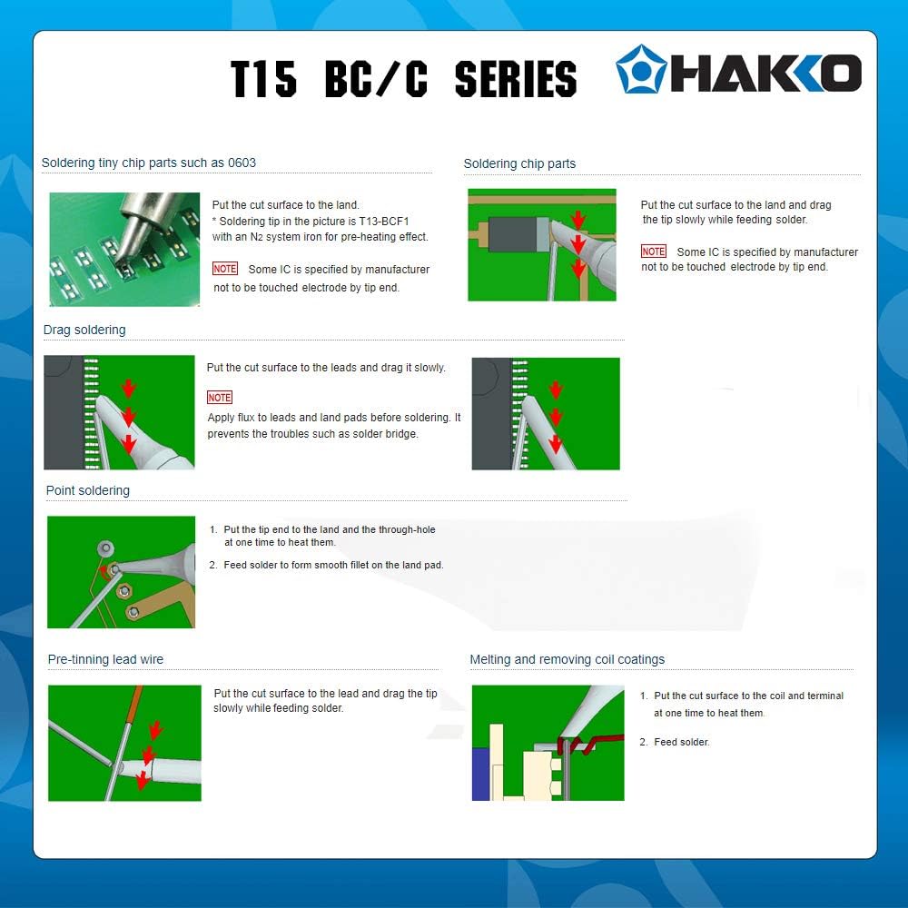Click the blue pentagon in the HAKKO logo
tap(641, 70)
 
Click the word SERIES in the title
tap(516, 79)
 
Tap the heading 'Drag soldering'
tap(84, 330)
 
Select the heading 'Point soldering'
tap(88, 490)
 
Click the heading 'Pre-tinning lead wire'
tap(105, 659)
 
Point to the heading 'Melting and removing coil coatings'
tap(567, 659)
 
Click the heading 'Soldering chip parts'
tap(519, 163)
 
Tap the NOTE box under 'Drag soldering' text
tap(220, 398)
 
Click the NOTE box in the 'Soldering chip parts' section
tap(654, 252)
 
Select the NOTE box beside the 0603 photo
tap(224, 269)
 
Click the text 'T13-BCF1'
tap(384, 222)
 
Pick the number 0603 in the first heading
tap(242, 163)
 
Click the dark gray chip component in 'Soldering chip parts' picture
tap(512, 234)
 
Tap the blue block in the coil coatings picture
tap(480, 774)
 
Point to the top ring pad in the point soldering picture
tap(105, 548)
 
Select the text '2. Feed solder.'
tap(675, 742)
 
